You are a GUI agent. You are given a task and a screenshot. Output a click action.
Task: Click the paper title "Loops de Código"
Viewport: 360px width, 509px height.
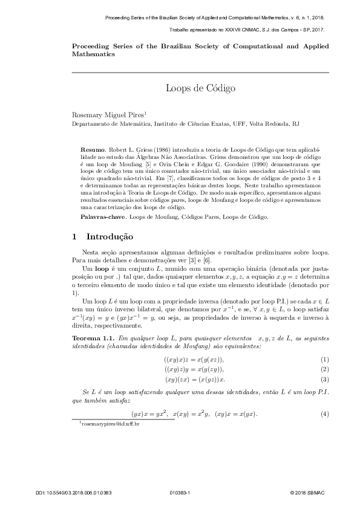point(200,88)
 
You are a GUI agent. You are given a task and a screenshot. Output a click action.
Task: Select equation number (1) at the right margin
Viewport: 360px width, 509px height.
point(324,360)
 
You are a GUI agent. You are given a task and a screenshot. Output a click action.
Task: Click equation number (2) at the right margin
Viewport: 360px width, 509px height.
point(324,369)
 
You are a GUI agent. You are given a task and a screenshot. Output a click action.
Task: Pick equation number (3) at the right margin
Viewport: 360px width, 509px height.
point(324,379)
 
